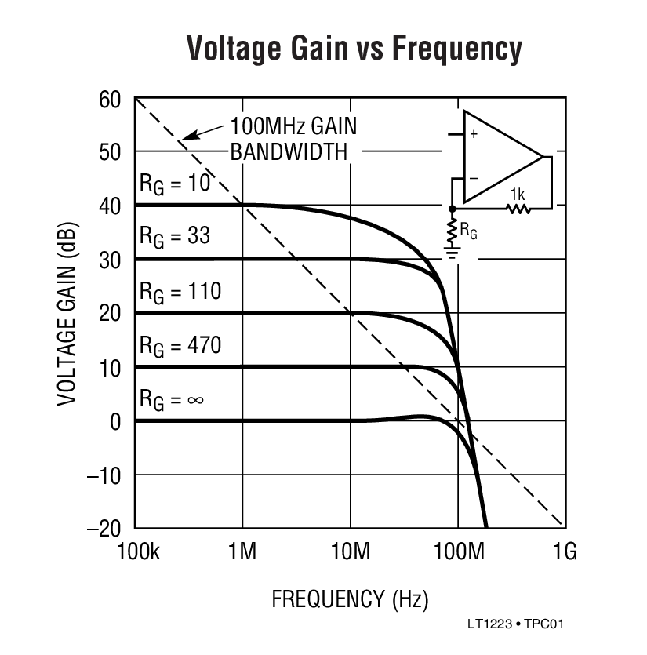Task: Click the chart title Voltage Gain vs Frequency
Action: point(354,49)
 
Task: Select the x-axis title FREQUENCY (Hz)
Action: point(350,600)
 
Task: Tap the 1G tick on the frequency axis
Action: point(564,552)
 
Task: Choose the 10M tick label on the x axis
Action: point(350,552)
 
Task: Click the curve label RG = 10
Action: point(175,183)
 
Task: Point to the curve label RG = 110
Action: point(180,291)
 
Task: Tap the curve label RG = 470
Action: point(180,344)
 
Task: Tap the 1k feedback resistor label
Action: point(517,193)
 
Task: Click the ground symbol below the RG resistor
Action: point(453,250)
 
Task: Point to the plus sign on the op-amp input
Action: point(473,134)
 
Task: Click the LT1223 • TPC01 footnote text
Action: point(515,625)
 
